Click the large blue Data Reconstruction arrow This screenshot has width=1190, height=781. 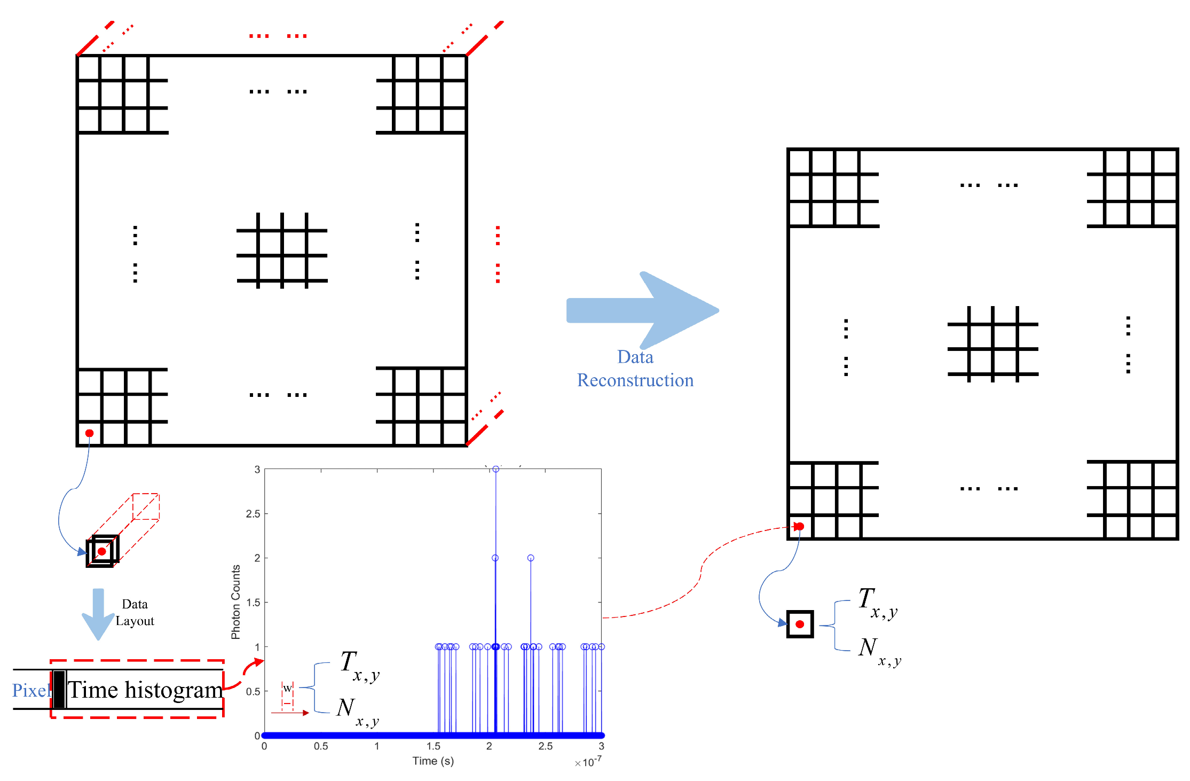641,310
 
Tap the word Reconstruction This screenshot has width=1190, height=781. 635,380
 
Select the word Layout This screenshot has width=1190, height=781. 135,621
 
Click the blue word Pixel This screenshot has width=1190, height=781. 30,690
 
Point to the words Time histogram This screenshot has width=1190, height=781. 145,690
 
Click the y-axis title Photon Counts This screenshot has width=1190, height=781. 235,602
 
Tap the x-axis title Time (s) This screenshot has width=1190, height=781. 433,761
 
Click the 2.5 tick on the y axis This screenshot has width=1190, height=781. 253,514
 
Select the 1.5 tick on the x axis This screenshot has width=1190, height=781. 434,746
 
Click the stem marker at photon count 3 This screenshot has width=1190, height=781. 496,469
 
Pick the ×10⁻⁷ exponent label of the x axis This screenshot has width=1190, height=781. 588,762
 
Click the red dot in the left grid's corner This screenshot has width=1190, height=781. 90,433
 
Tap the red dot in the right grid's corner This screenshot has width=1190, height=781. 799,527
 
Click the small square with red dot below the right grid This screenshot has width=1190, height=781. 800,624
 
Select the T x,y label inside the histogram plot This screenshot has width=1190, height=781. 359,666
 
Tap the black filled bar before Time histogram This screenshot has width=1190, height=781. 59,690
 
